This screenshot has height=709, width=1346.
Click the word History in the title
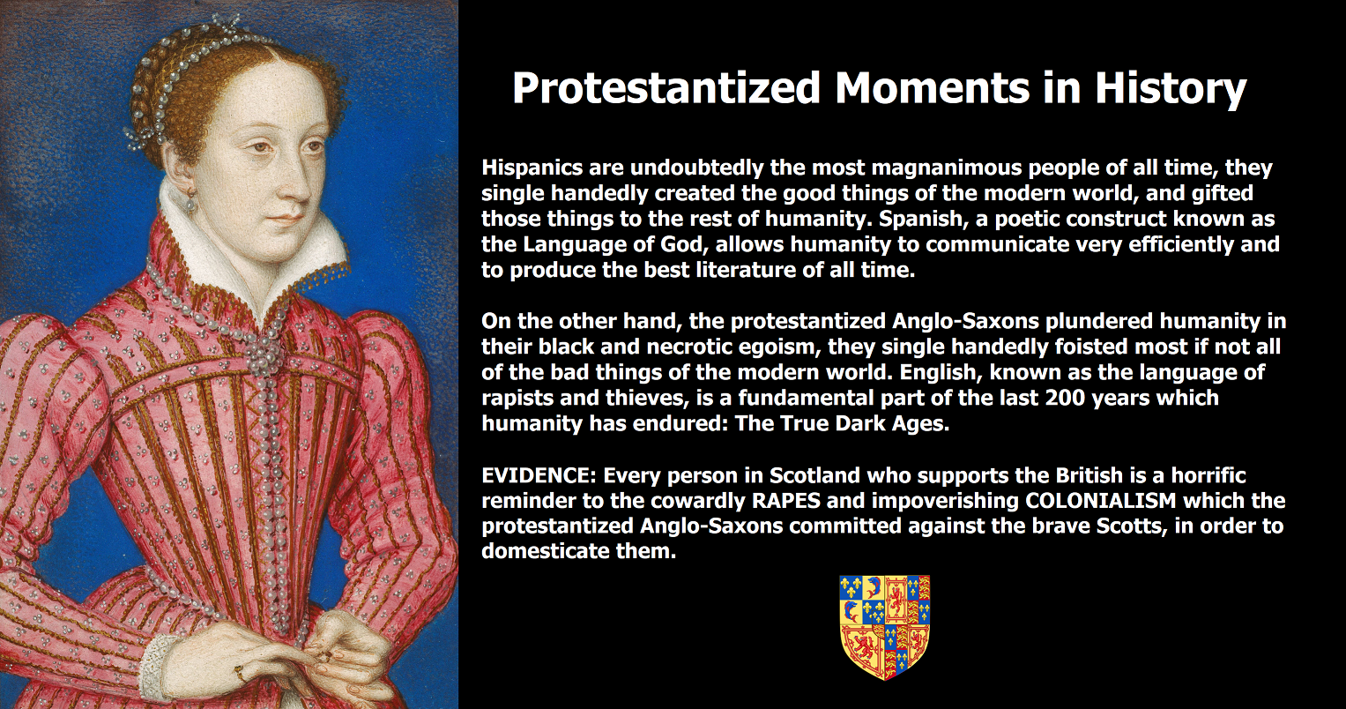coord(1171,89)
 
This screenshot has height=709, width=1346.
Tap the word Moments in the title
coord(933,88)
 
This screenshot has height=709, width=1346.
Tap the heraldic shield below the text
coord(884,627)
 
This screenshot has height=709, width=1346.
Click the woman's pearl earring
coord(190,203)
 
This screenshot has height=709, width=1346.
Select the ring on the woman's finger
coord(239,672)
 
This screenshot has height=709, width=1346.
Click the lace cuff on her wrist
coord(154,667)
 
